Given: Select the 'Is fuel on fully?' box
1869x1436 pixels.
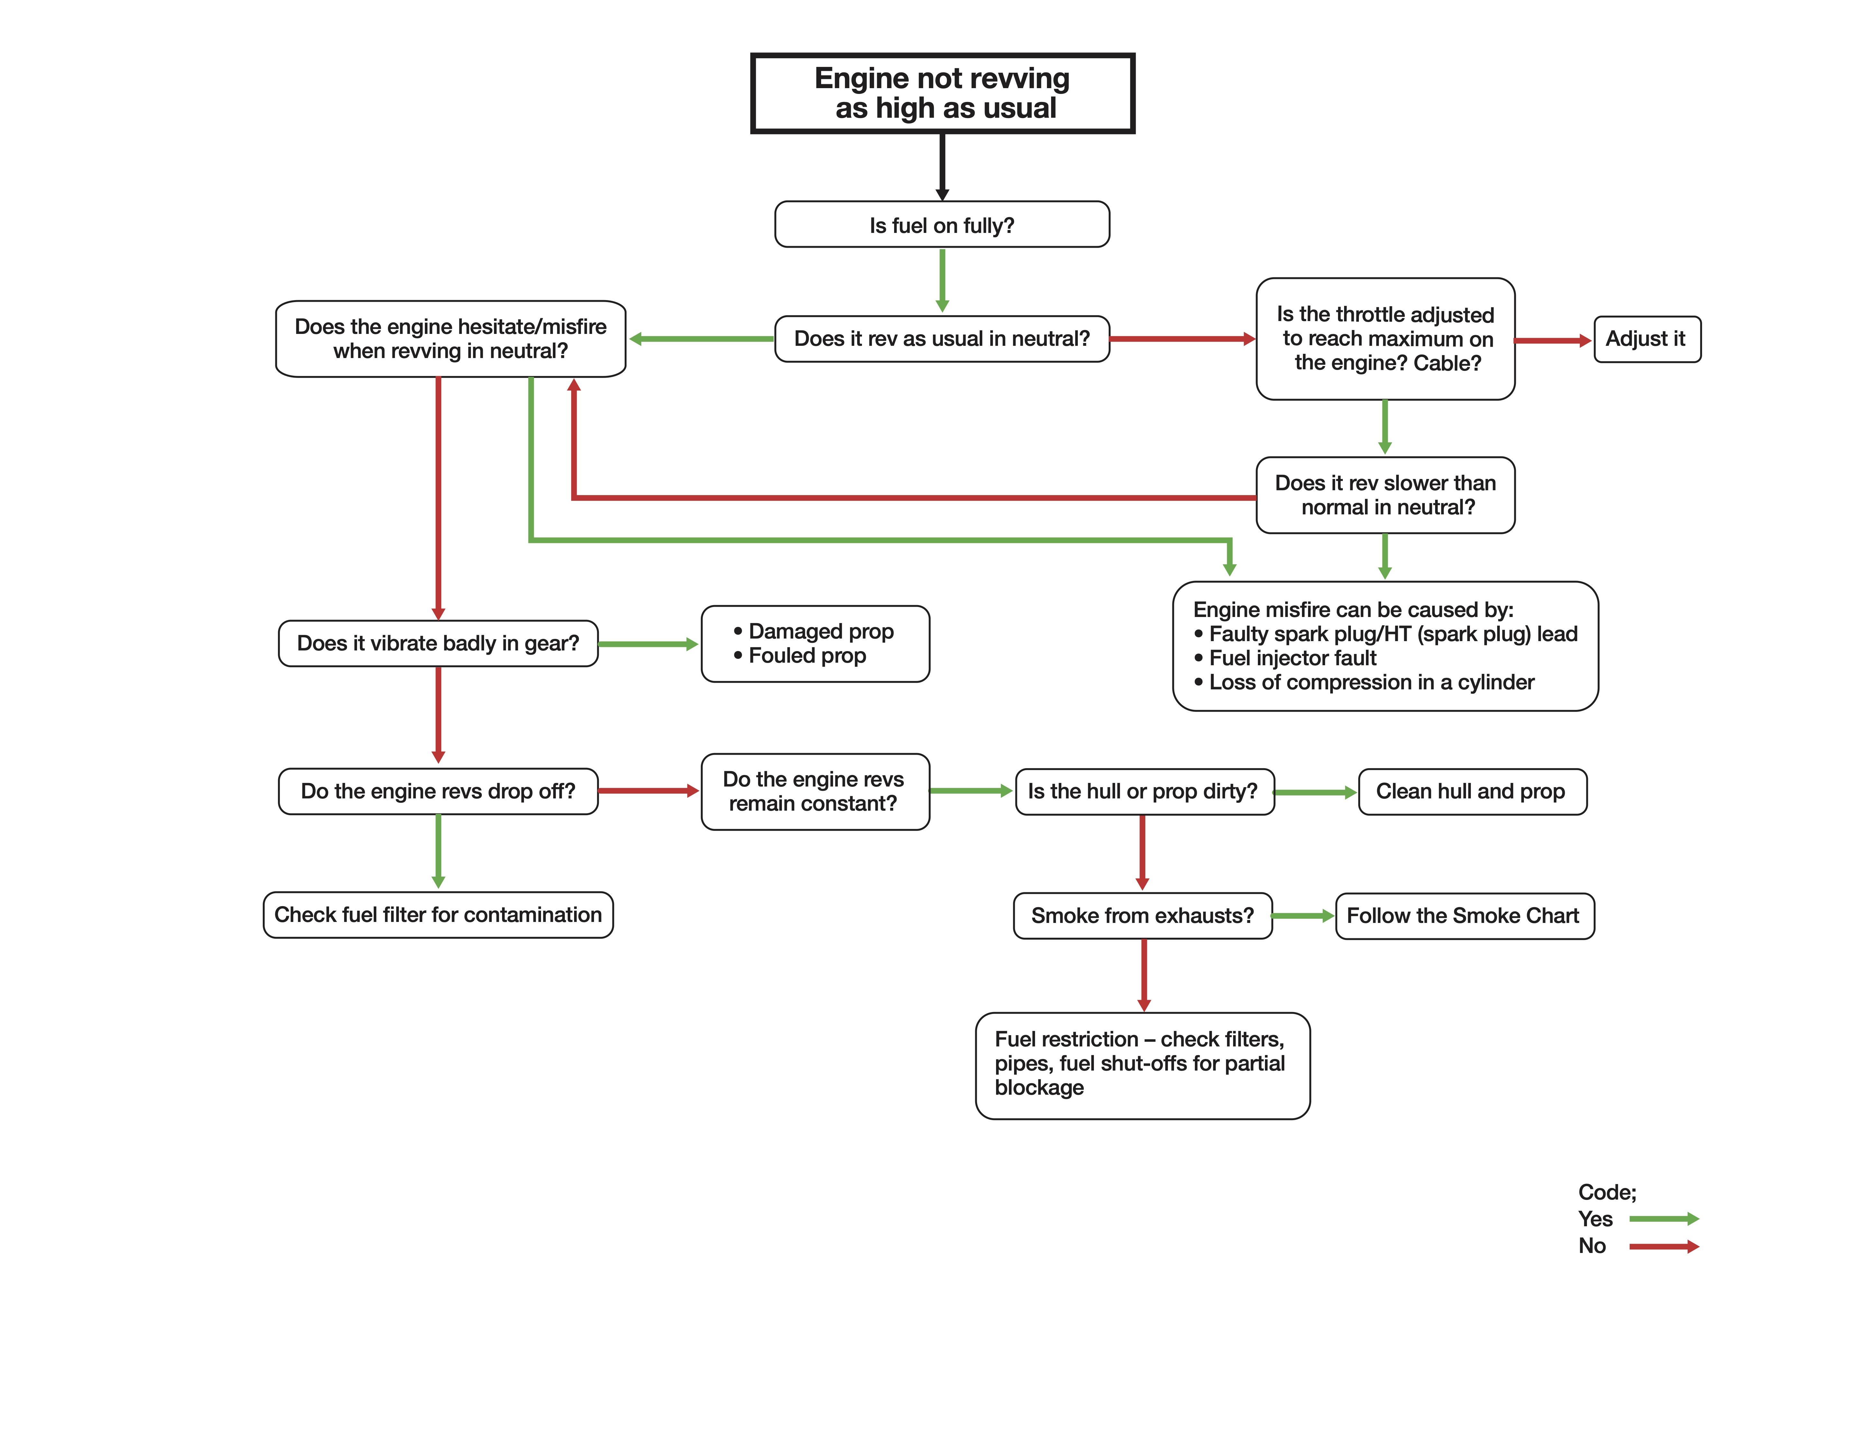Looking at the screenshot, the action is coord(942,225).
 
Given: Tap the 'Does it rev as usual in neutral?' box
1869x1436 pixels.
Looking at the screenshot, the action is coord(942,338).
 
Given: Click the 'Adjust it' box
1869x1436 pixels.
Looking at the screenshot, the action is coord(1647,339).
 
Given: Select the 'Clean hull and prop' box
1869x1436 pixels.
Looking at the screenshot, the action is coord(1472,792).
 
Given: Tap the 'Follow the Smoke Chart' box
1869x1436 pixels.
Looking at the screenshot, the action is coord(1465,916).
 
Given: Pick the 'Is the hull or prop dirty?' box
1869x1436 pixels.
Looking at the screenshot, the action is coord(1144,792).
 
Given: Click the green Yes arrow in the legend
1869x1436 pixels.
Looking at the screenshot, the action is coord(1664,1219).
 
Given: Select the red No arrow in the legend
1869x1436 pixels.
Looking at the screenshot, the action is coord(1664,1246).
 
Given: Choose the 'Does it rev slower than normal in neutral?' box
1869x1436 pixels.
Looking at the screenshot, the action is coord(1385,495).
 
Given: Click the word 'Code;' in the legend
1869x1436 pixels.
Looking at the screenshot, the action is coord(1607,1192).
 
